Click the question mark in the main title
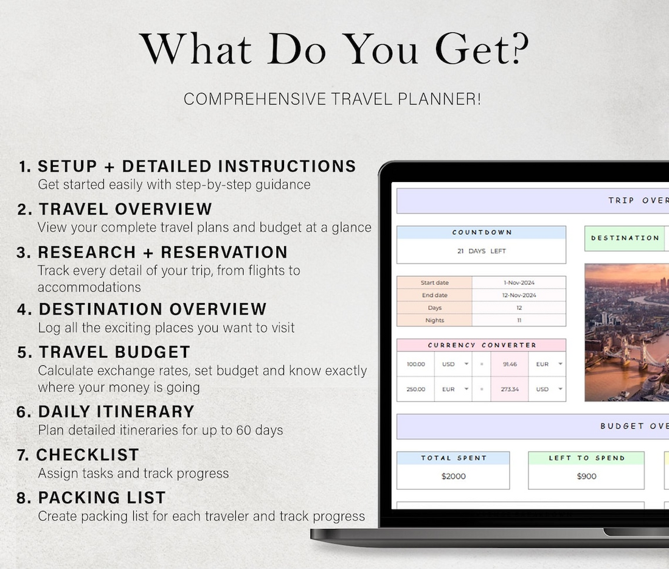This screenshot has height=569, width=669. [x=520, y=48]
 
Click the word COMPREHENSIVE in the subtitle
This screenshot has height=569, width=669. [x=255, y=99]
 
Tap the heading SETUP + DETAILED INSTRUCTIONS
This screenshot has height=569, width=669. [x=196, y=166]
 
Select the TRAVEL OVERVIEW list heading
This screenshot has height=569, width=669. [x=125, y=209]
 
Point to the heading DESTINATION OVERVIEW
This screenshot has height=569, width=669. [x=153, y=309]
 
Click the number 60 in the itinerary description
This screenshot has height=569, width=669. [x=244, y=430]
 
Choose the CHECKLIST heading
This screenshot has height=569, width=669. [x=88, y=455]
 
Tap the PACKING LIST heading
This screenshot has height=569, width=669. [x=102, y=498]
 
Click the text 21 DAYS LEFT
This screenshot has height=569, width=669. [x=481, y=251]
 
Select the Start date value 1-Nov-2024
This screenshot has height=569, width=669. [x=519, y=282]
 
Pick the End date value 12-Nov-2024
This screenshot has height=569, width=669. [x=519, y=295]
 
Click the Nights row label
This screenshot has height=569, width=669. [x=435, y=320]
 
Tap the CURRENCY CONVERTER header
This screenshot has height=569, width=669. [x=482, y=345]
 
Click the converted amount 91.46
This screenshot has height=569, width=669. [x=510, y=364]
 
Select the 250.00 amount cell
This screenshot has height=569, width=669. [x=415, y=389]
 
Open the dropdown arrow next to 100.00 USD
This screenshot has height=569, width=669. [x=466, y=364]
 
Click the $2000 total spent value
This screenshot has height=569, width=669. [x=454, y=476]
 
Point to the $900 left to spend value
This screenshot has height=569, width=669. [x=587, y=476]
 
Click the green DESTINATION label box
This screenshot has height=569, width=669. [x=625, y=238]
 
